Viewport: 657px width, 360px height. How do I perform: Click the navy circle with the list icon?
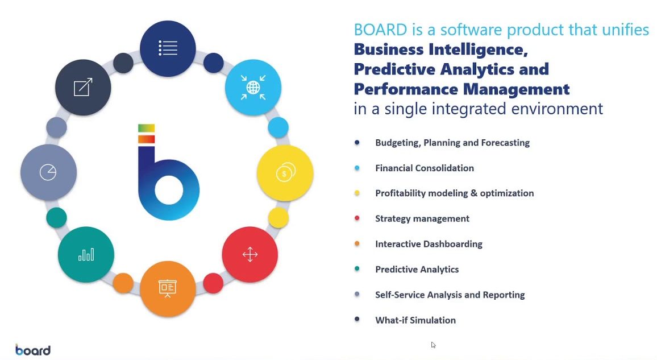click(168, 48)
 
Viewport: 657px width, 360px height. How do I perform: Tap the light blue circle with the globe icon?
click(253, 88)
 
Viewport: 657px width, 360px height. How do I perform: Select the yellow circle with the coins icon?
click(285, 173)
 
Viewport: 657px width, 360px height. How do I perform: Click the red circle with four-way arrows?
click(250, 254)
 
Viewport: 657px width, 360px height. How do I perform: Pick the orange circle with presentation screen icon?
click(168, 288)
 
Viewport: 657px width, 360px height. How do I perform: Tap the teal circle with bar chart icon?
click(86, 255)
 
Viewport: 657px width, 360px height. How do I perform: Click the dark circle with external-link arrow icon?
click(83, 87)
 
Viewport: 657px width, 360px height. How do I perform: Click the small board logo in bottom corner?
click(33, 350)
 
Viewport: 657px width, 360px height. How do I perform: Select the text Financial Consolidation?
click(424, 168)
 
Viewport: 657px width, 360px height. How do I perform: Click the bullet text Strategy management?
click(422, 219)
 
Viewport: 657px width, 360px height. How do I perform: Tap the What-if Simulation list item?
click(415, 320)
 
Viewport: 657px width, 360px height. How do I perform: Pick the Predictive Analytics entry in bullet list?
click(417, 270)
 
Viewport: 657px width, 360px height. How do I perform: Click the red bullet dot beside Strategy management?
click(357, 218)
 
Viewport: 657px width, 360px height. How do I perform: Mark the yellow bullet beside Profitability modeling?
click(357, 193)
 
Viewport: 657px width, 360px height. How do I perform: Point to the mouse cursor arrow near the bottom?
click(433, 345)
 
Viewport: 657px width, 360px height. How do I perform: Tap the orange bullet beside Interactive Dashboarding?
click(357, 244)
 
